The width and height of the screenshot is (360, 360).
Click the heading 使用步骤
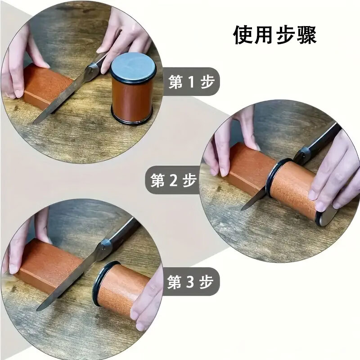click(x=275, y=35)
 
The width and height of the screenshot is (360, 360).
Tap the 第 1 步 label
click(x=191, y=82)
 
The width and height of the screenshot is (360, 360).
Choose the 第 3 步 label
click(x=190, y=282)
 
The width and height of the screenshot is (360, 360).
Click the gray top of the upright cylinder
click(x=133, y=65)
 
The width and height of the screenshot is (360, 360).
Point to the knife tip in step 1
click(x=33, y=123)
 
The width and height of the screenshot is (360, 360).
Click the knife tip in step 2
click(x=242, y=209)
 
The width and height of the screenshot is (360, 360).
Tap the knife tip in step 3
click(x=37, y=310)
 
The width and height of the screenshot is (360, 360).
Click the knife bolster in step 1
click(x=91, y=71)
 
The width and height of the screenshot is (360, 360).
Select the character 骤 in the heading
click(x=307, y=35)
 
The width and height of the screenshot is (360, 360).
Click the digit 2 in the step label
click(x=174, y=180)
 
